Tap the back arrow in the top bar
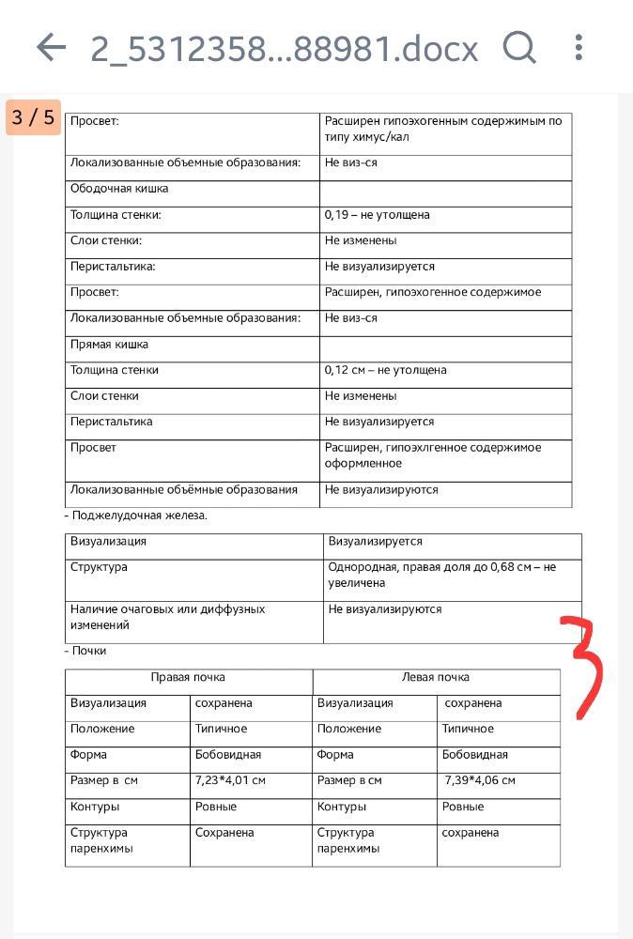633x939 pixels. (x=51, y=47)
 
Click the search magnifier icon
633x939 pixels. (x=518, y=46)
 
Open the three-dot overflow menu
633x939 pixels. (x=579, y=47)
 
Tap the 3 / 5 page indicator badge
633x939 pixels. (x=34, y=118)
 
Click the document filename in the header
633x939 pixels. (x=284, y=48)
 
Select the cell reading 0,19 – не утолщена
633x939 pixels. (x=377, y=215)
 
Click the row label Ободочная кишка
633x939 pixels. (x=119, y=189)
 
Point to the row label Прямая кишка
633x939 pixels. (x=110, y=345)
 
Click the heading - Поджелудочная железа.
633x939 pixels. (x=136, y=516)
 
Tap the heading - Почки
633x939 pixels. (x=85, y=651)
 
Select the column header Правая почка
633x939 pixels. (x=188, y=677)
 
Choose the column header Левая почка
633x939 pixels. (x=436, y=677)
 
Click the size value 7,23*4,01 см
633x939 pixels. (x=230, y=780)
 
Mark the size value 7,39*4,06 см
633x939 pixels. (x=480, y=780)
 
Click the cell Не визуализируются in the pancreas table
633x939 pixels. (x=384, y=609)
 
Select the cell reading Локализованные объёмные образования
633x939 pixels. (x=183, y=489)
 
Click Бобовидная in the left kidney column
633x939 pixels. (x=474, y=755)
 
